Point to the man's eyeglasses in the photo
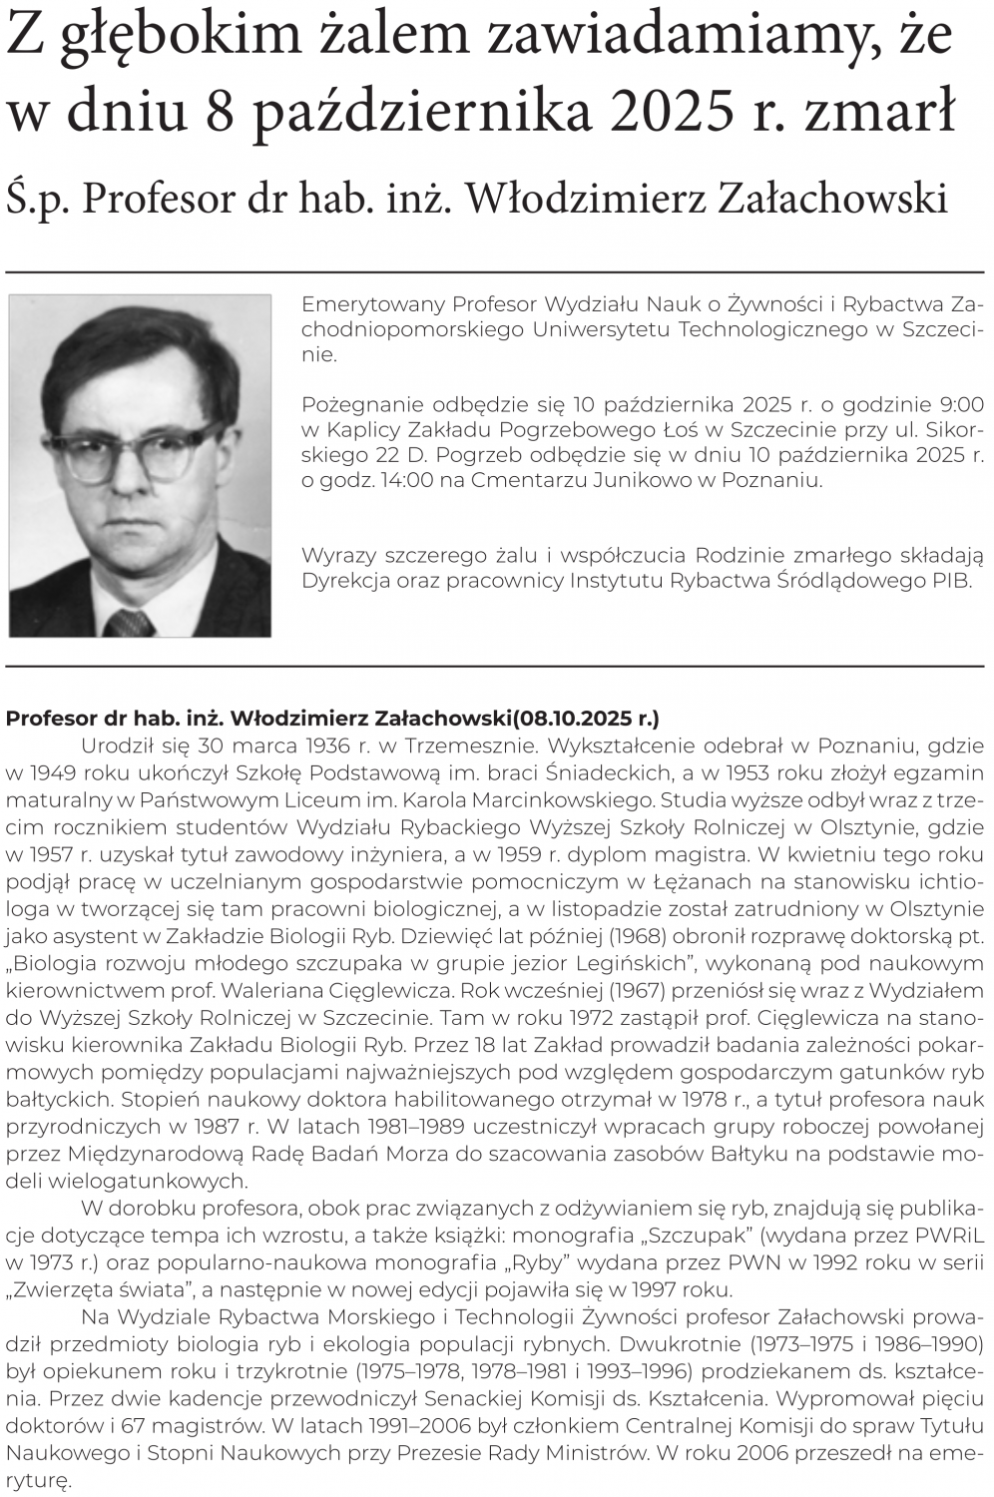click(130, 454)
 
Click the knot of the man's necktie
click(128, 623)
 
